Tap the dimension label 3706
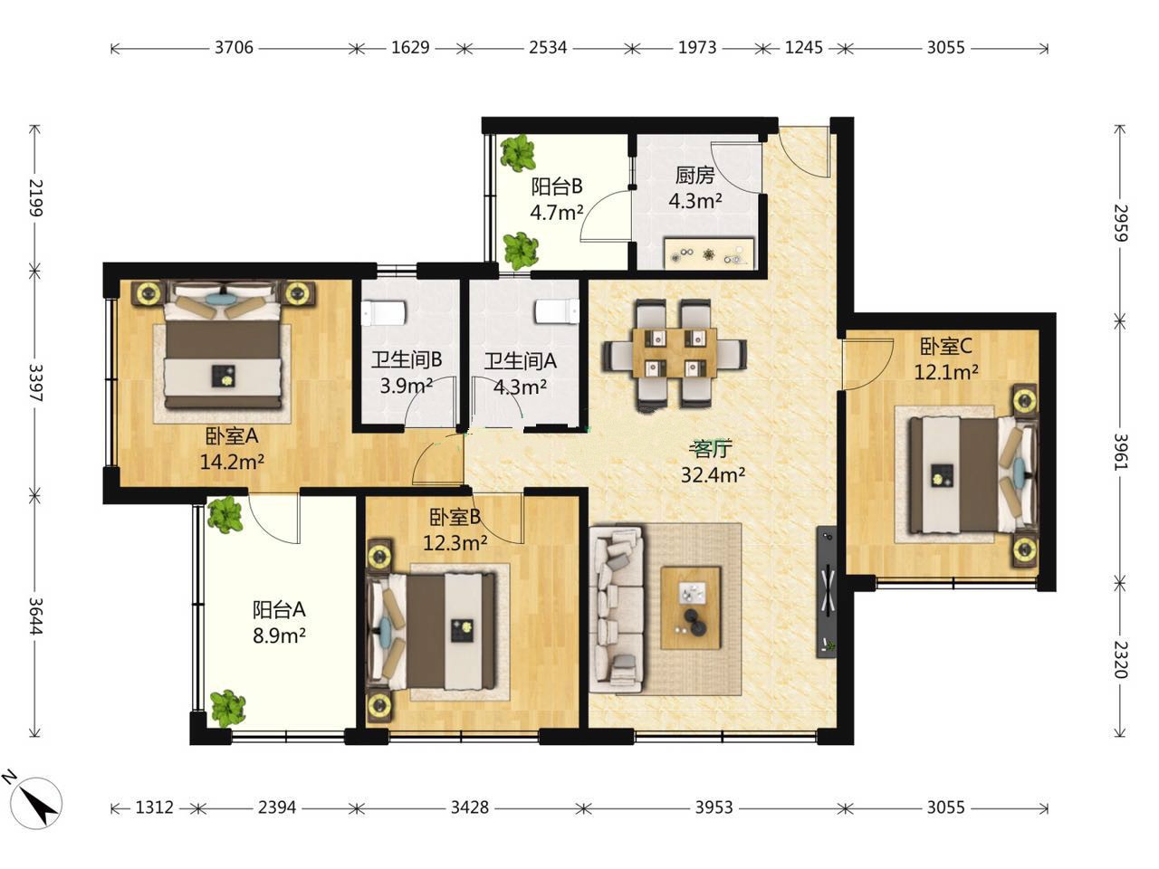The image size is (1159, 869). coord(234,48)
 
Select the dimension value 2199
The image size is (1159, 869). coord(35,198)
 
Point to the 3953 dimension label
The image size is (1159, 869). coord(714,807)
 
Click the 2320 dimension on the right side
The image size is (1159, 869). coord(1120,660)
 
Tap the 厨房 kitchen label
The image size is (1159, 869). coord(694,176)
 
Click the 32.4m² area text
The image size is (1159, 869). coord(713,475)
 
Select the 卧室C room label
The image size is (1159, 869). coord(945,346)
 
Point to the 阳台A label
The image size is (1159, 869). coord(279,609)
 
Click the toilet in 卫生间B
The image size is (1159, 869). coord(384,313)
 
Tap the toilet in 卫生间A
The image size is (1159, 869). coord(558,311)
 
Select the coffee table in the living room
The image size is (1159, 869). coord(691,607)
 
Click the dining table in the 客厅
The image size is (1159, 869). coord(675,352)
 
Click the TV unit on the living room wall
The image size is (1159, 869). coord(827,591)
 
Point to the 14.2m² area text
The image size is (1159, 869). coord(233,463)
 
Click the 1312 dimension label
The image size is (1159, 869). coord(154,807)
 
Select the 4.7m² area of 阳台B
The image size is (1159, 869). coord(557,213)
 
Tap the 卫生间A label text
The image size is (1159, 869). coord(521,361)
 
